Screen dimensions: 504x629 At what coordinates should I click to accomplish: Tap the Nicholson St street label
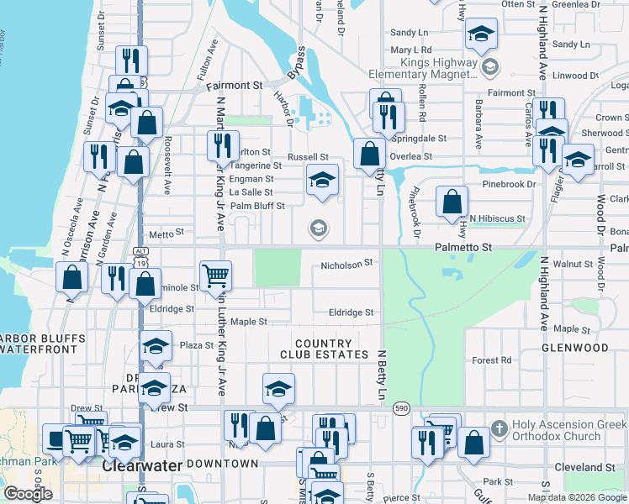346,265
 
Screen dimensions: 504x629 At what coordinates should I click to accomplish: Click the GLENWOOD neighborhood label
574,347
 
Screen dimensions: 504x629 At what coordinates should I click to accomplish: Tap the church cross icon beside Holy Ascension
499,428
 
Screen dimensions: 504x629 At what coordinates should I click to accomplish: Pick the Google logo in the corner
28,494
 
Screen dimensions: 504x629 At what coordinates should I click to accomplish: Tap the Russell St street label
307,157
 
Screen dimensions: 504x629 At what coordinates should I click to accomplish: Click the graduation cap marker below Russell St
321,180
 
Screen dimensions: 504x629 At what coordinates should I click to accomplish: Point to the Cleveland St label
585,467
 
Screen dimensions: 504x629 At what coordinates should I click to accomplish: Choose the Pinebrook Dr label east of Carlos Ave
509,184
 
